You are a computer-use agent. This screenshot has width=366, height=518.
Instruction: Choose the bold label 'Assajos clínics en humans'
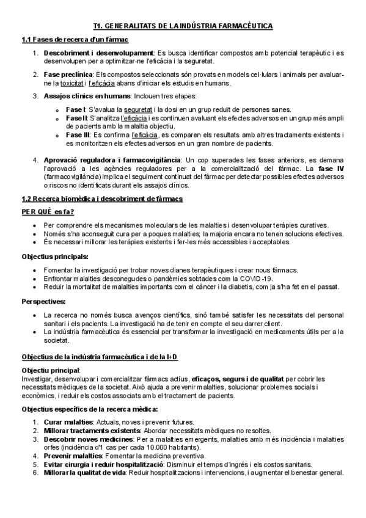[85, 96]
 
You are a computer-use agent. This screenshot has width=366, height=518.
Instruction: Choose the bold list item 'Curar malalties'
[67, 421]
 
